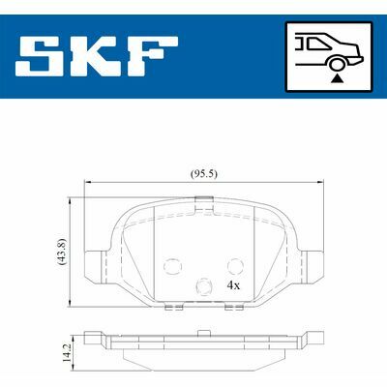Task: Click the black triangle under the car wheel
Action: (x=337, y=77)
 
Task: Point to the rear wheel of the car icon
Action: (x=337, y=64)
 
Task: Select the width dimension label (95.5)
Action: (x=204, y=174)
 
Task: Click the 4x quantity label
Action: (x=233, y=285)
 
